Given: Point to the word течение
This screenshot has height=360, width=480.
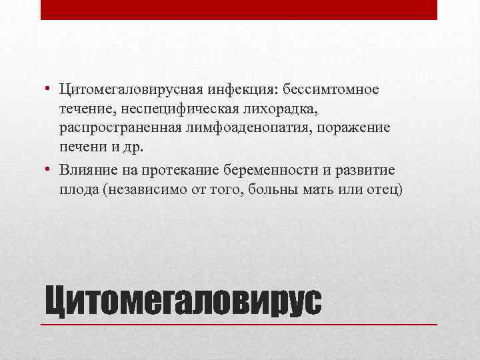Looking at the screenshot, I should [x=83, y=108].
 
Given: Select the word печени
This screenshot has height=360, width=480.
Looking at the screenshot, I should [x=80, y=145].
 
